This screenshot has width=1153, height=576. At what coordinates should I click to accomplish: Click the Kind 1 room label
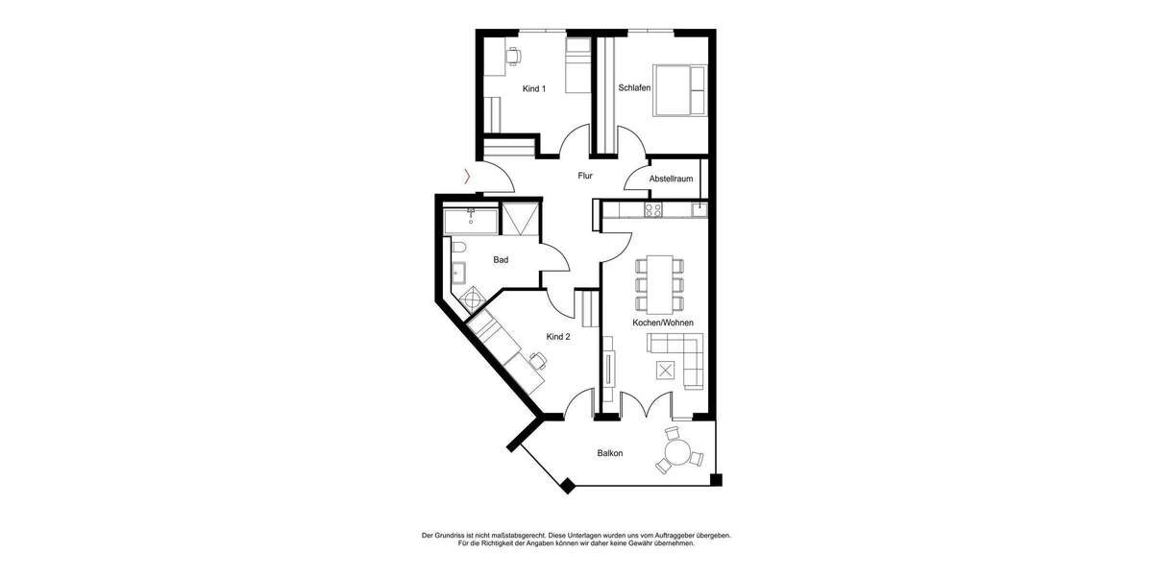pos(533,88)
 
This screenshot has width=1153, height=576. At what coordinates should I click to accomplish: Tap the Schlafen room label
pos(635,88)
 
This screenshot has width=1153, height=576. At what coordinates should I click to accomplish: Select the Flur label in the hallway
pos(584,176)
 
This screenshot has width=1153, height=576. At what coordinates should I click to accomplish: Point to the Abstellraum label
pos(671,180)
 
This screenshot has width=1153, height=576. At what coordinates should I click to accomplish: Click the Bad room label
pos(501,259)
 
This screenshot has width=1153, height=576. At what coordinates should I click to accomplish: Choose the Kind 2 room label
pos(558,337)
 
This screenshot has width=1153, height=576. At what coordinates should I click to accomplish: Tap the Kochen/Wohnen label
pos(663,324)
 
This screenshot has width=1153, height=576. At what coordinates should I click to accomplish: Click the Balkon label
pos(610,453)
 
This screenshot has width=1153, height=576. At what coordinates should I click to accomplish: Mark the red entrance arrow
pos(468,176)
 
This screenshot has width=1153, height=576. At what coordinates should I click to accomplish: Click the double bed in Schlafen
pos(680,89)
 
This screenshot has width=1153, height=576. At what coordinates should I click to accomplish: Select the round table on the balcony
pos(678,451)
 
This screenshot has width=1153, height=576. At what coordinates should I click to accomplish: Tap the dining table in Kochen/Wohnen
pos(660,285)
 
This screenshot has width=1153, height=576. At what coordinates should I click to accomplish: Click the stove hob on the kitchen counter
pos(653,208)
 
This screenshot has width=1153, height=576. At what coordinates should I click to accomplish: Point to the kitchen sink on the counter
pos(700,207)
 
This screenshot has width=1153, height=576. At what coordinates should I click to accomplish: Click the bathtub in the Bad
pos(471,222)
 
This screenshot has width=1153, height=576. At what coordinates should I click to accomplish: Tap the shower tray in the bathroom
pos(522,220)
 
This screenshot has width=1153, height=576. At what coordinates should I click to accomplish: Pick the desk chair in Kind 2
pos(538,361)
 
